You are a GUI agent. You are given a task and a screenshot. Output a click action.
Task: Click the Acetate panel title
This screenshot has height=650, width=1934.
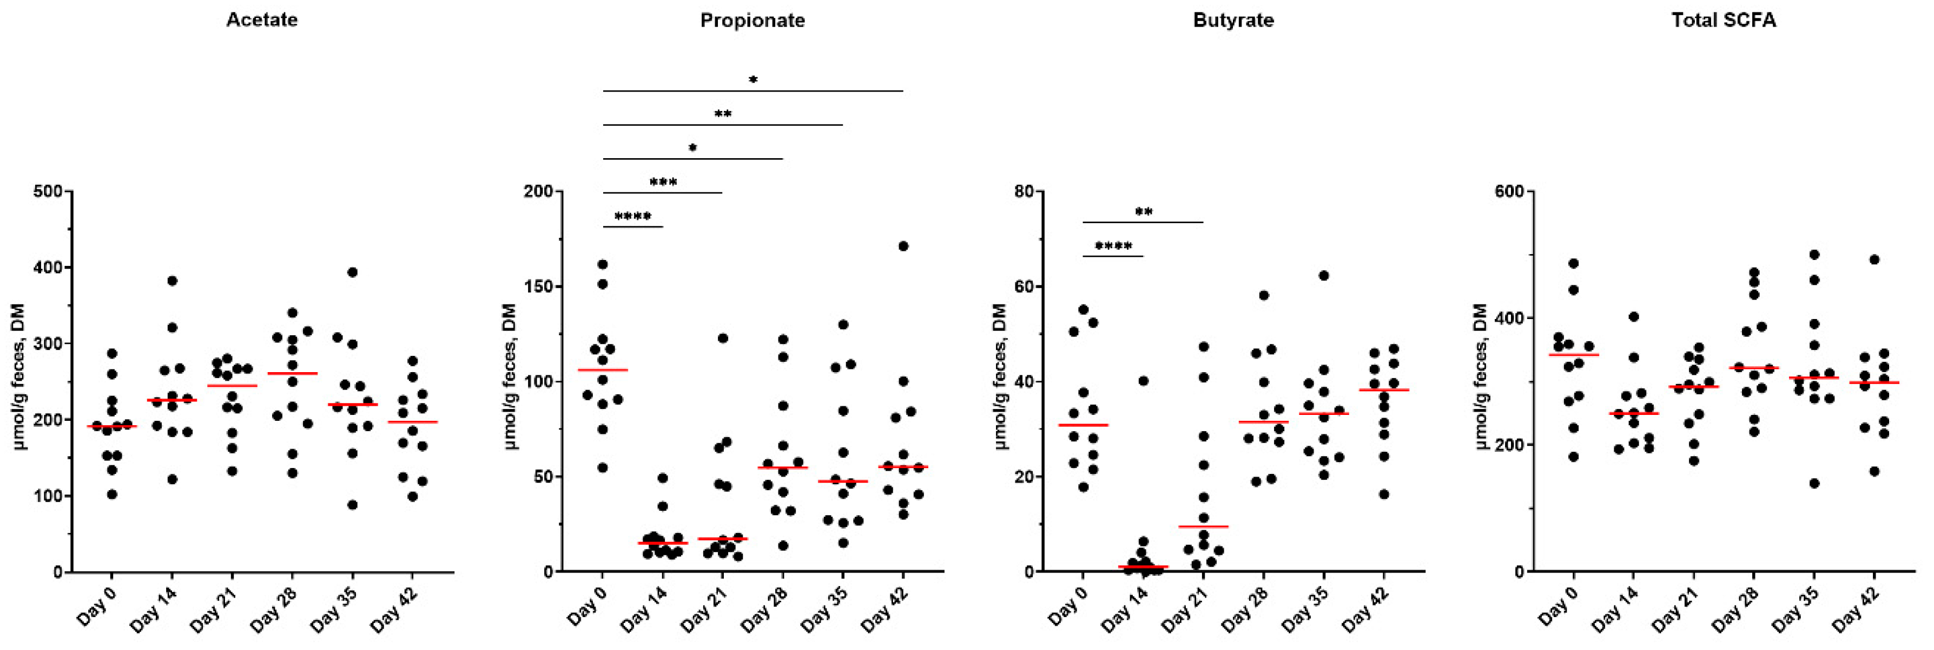pyautogui.click(x=261, y=19)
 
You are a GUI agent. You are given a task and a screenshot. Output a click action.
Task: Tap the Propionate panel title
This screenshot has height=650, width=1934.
pyautogui.click(x=753, y=20)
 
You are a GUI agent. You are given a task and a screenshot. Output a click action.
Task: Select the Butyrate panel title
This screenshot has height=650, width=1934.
pyautogui.click(x=1233, y=20)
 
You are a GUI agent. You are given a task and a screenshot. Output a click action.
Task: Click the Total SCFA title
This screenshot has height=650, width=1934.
pyautogui.click(x=1723, y=20)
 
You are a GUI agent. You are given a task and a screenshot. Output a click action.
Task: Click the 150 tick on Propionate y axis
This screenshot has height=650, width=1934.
pyautogui.click(x=538, y=287)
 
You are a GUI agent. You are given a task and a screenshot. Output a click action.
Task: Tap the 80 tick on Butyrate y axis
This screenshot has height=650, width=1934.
pyautogui.click(x=1024, y=192)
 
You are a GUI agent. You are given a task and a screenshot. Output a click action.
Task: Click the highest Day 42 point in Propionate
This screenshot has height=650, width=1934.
pyautogui.click(x=903, y=246)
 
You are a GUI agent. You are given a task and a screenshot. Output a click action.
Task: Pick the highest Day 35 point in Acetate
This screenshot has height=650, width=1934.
pyautogui.click(x=352, y=272)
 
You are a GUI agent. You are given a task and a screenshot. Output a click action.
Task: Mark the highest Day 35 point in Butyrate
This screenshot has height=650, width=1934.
pyautogui.click(x=1324, y=276)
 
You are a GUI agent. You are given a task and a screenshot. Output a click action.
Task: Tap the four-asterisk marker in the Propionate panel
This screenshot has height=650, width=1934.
pyautogui.click(x=632, y=217)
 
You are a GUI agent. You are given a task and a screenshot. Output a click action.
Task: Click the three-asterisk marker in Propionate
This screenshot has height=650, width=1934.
pyautogui.click(x=663, y=183)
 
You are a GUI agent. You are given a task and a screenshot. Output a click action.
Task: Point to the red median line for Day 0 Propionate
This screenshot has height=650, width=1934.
pyautogui.click(x=603, y=370)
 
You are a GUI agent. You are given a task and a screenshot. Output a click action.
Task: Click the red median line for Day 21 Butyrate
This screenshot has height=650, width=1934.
pyautogui.click(x=1204, y=526)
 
